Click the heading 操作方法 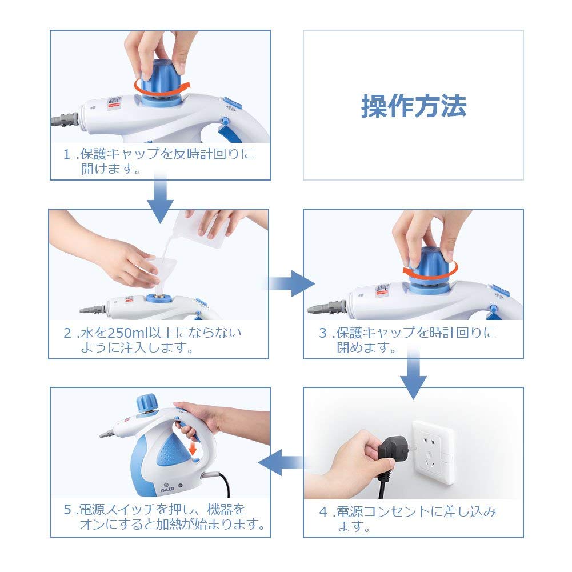coord(414,106)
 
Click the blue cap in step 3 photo coord(430,268)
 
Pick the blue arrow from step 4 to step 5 coord(282,462)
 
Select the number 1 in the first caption coord(67,154)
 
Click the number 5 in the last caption coord(67,510)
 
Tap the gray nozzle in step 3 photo coord(327,307)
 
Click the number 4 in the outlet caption coord(323,512)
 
